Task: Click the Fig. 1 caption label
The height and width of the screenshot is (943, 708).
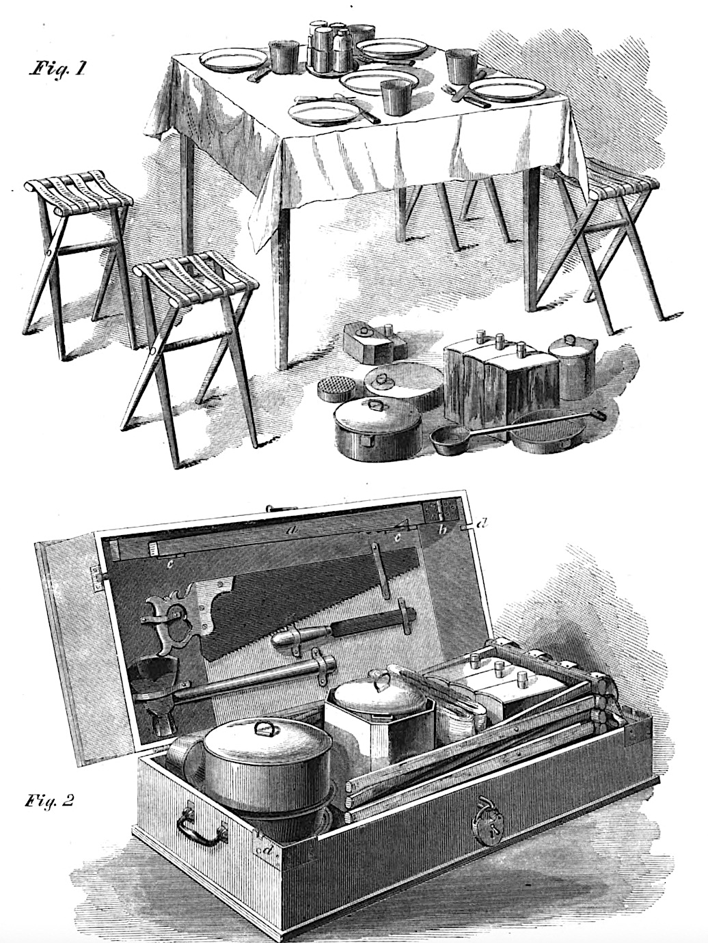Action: [56, 68]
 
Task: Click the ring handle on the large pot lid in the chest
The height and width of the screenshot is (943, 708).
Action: [262, 727]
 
